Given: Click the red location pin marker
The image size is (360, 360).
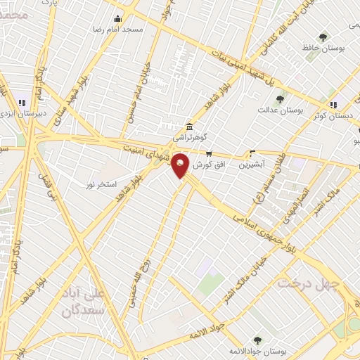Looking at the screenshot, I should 181,165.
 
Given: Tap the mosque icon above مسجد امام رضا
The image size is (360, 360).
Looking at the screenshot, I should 117,19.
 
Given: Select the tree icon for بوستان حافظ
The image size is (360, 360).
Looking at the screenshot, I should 323,37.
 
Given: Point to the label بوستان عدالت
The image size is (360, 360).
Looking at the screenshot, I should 279,110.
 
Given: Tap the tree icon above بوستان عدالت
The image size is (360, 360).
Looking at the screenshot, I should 280,99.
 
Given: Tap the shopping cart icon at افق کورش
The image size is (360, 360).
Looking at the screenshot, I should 209,153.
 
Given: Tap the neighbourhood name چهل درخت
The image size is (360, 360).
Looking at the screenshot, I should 309,283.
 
